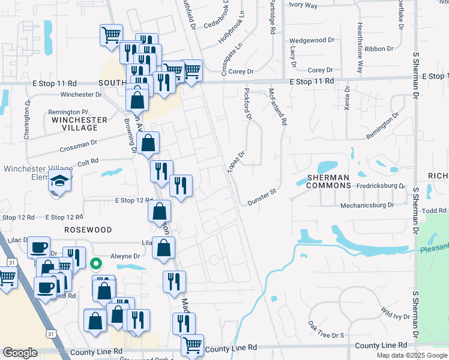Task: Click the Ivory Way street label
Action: (x=303, y=5)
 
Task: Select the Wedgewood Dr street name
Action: (x=312, y=40)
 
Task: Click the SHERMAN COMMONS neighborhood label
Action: (x=328, y=182)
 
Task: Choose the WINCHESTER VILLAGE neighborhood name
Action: (x=79, y=124)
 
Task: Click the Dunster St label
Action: (x=261, y=197)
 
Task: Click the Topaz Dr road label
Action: (x=237, y=161)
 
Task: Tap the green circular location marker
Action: (x=95, y=263)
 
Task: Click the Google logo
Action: (x=20, y=353)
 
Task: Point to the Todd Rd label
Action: (x=434, y=211)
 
